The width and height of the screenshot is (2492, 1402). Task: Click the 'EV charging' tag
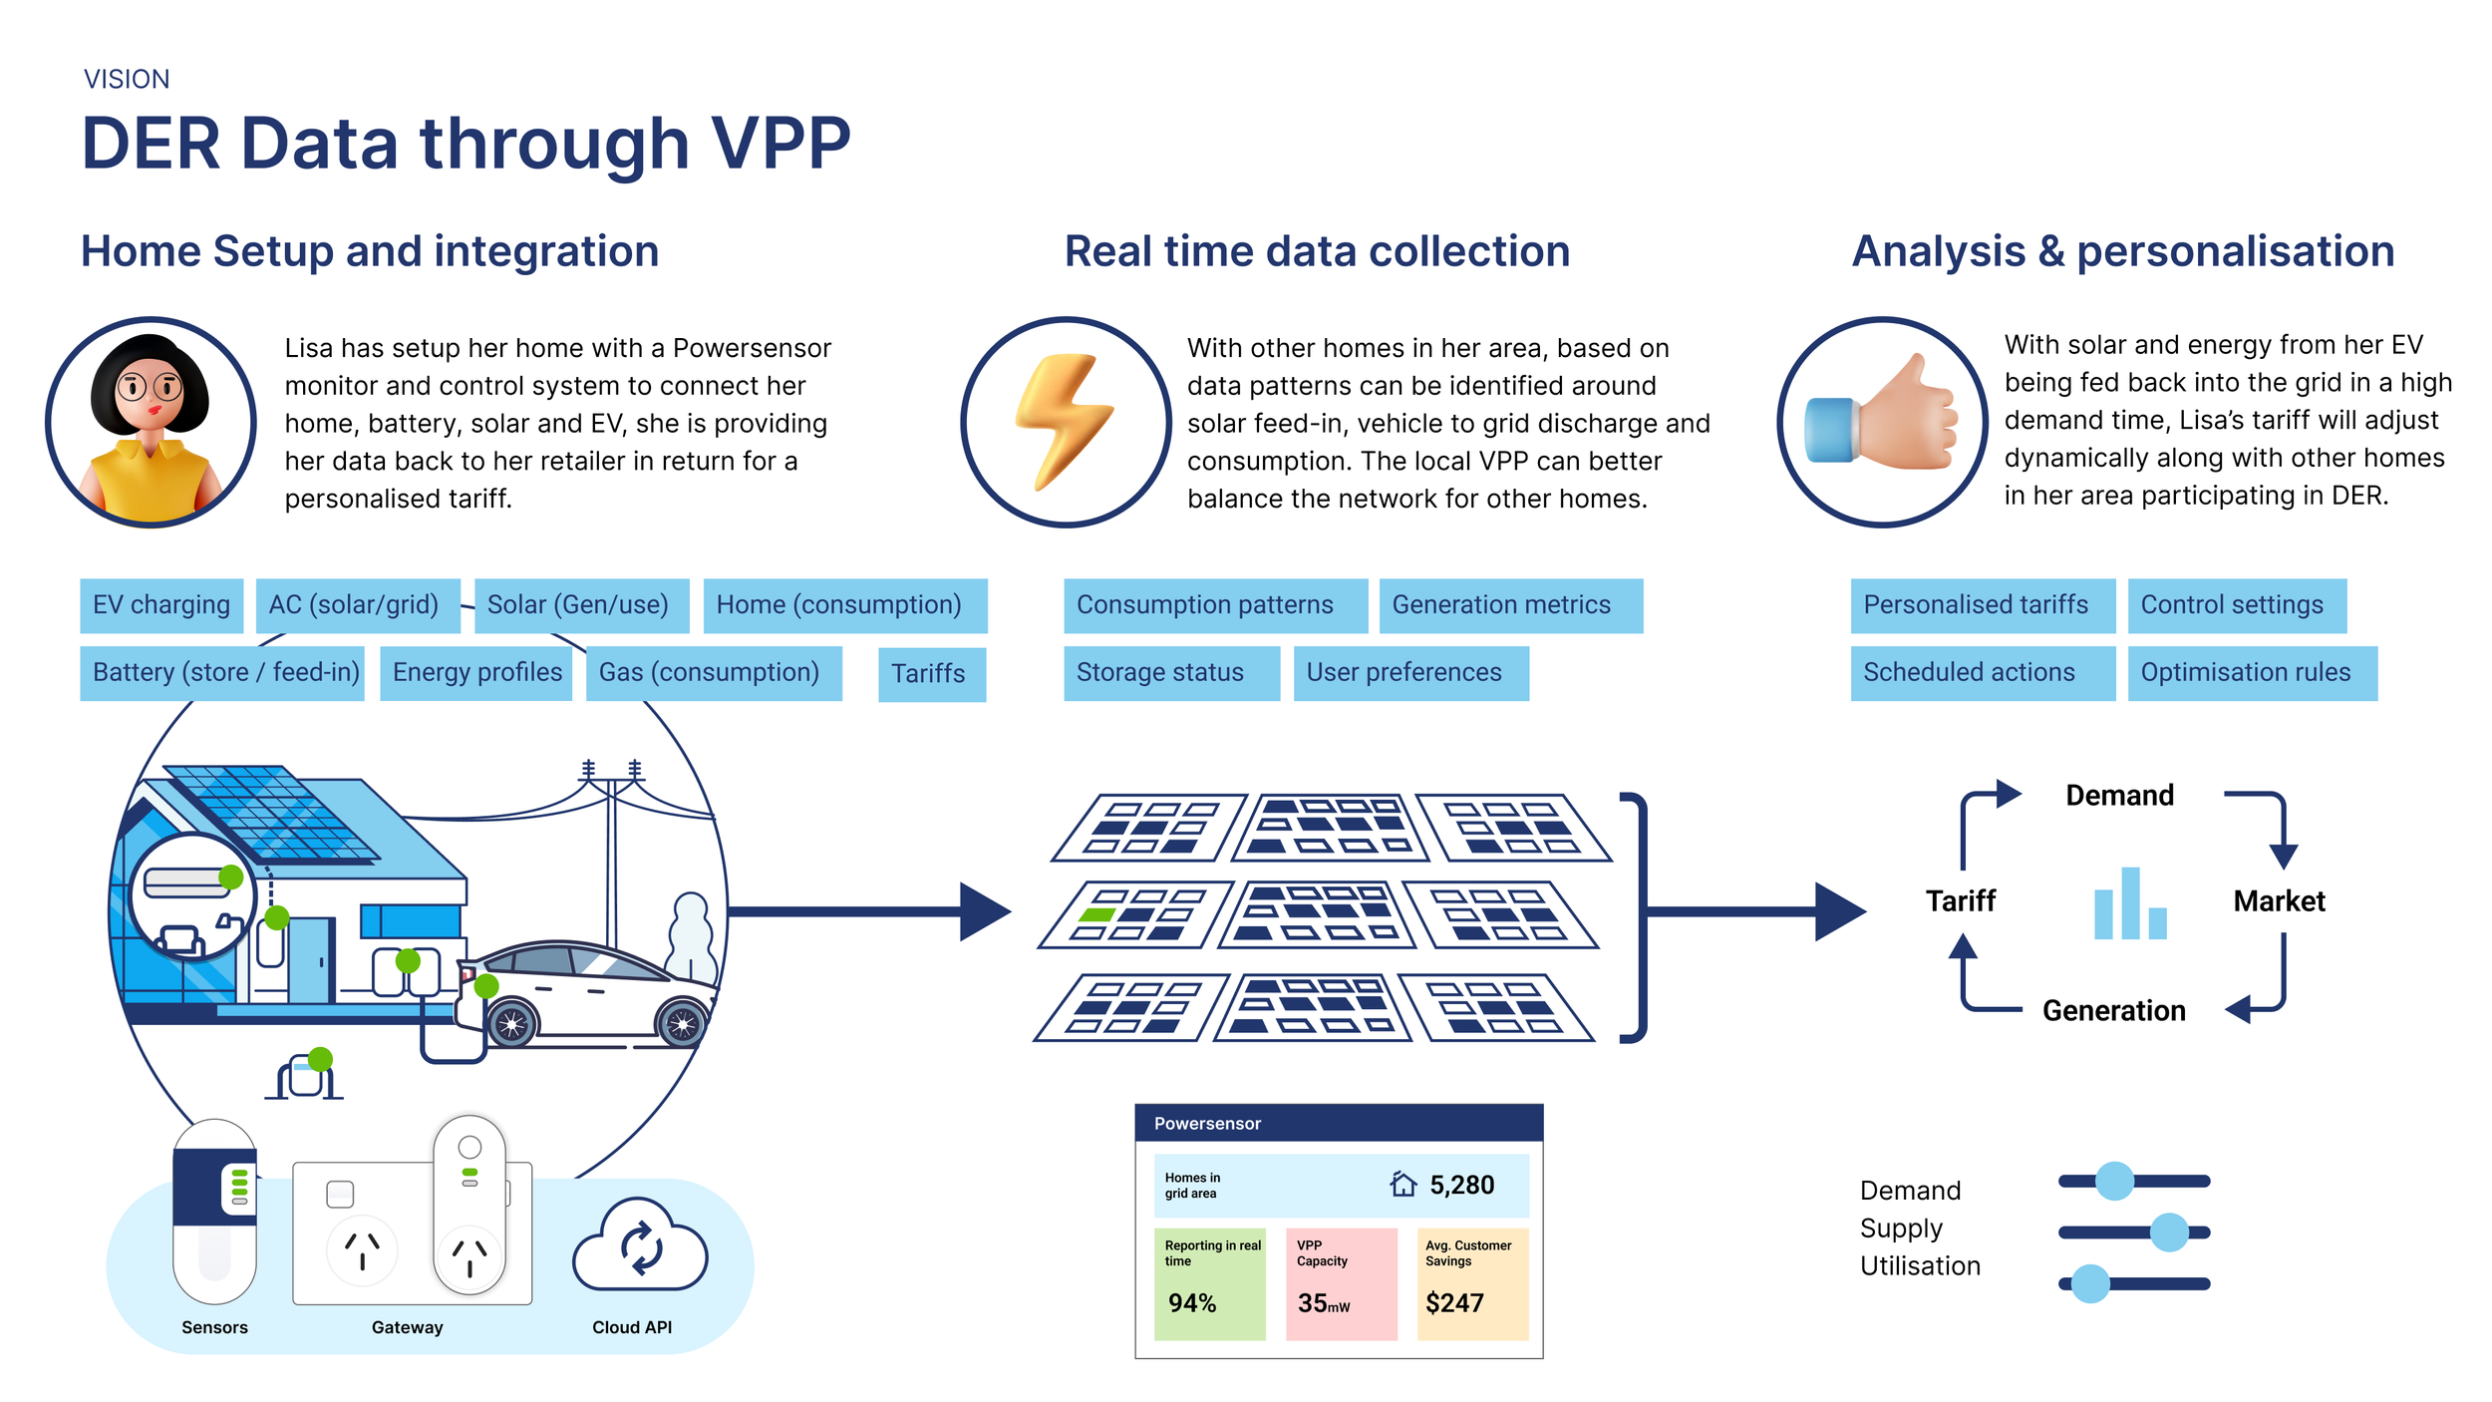[x=161, y=605]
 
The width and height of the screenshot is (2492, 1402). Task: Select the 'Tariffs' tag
[x=931, y=674]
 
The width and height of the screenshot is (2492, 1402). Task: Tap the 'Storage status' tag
[x=1170, y=673]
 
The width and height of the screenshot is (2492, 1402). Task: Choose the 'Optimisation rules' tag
[x=2251, y=673]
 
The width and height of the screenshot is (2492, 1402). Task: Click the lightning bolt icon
[x=1065, y=422]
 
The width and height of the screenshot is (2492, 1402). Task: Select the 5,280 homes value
[x=1461, y=1185]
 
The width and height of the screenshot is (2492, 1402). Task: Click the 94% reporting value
[x=1192, y=1303]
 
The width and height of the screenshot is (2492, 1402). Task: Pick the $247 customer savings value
[x=1454, y=1303]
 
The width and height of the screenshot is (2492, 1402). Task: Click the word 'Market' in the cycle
[x=2279, y=901]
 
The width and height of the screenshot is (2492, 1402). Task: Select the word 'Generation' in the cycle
[x=2113, y=1011]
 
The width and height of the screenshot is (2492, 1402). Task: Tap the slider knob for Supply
[x=2169, y=1232]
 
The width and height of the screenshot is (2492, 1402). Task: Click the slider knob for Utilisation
[x=2090, y=1284]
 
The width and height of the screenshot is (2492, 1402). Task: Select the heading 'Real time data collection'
[x=1317, y=251]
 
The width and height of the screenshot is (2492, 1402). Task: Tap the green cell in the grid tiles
[x=1097, y=914]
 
